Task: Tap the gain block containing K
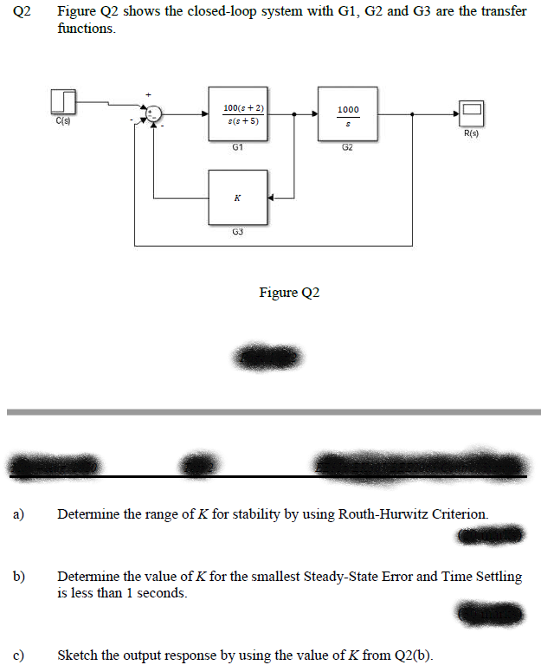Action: tap(237, 197)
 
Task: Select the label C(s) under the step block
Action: tap(63, 122)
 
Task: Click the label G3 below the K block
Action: tap(237, 231)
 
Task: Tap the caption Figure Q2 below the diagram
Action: tap(289, 293)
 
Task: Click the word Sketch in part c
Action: tap(79, 655)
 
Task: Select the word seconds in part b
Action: tap(163, 593)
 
